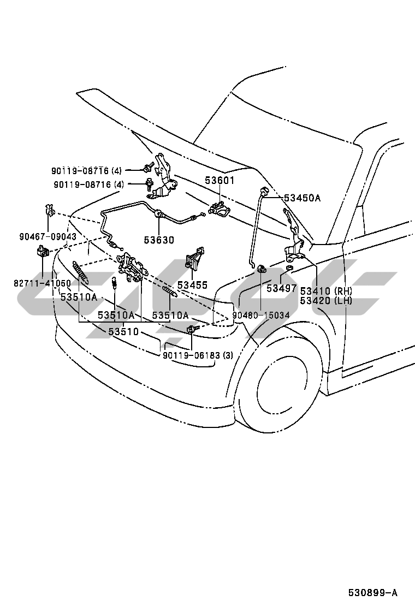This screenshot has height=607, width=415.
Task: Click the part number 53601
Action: (220, 180)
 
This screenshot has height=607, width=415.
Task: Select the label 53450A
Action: (301, 198)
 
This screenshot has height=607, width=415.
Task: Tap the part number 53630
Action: (159, 240)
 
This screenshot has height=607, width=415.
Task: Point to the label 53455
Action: (192, 285)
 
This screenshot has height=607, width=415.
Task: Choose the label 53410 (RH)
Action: (326, 291)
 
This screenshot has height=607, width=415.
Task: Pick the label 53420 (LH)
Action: (326, 300)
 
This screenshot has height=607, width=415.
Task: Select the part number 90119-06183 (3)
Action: (198, 355)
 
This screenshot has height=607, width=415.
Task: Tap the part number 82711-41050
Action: (43, 283)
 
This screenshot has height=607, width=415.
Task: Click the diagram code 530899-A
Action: (373, 593)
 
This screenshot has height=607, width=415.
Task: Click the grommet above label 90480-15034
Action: (262, 269)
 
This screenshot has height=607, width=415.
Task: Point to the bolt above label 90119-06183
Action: (191, 329)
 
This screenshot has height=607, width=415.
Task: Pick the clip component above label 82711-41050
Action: (42, 252)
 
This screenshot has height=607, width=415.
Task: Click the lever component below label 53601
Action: (218, 207)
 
